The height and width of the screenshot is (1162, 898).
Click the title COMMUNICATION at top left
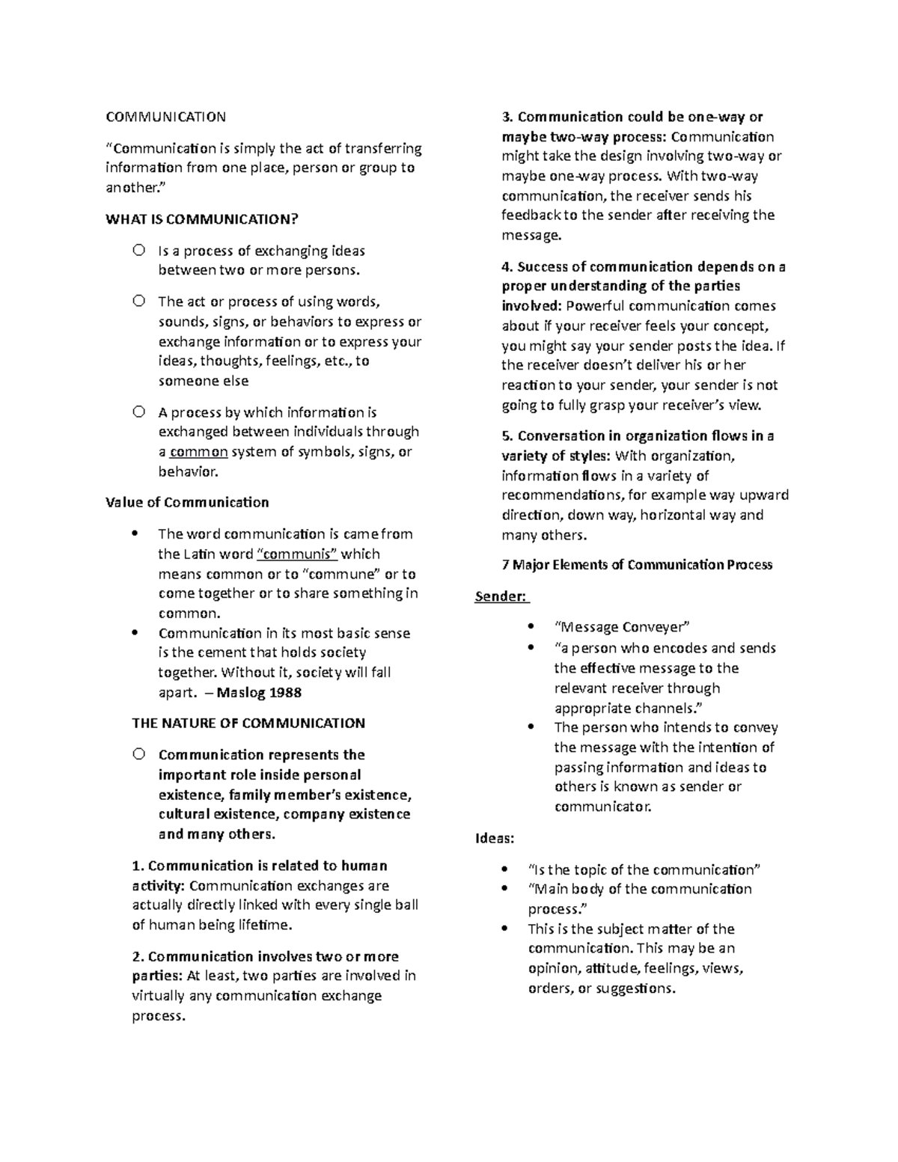(165, 117)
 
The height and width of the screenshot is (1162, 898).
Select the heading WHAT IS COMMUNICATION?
(201, 219)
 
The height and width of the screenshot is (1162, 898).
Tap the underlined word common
(199, 452)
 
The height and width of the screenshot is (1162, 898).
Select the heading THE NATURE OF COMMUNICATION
(248, 724)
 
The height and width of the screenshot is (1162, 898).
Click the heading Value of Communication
(187, 503)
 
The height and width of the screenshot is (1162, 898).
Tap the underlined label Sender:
(501, 596)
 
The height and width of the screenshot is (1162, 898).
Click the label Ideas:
(495, 838)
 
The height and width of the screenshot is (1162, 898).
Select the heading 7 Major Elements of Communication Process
(637, 565)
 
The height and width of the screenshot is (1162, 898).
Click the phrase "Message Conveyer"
(621, 627)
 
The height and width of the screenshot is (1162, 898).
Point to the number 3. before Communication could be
(507, 117)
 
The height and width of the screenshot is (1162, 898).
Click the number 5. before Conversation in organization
(507, 436)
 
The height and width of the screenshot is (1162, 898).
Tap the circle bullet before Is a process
(138, 251)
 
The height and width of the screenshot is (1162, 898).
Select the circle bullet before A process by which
(138, 412)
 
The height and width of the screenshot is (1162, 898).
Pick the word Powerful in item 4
(595, 306)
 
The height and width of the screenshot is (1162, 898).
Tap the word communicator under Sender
(602, 807)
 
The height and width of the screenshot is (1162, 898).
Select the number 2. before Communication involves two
(138, 956)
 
